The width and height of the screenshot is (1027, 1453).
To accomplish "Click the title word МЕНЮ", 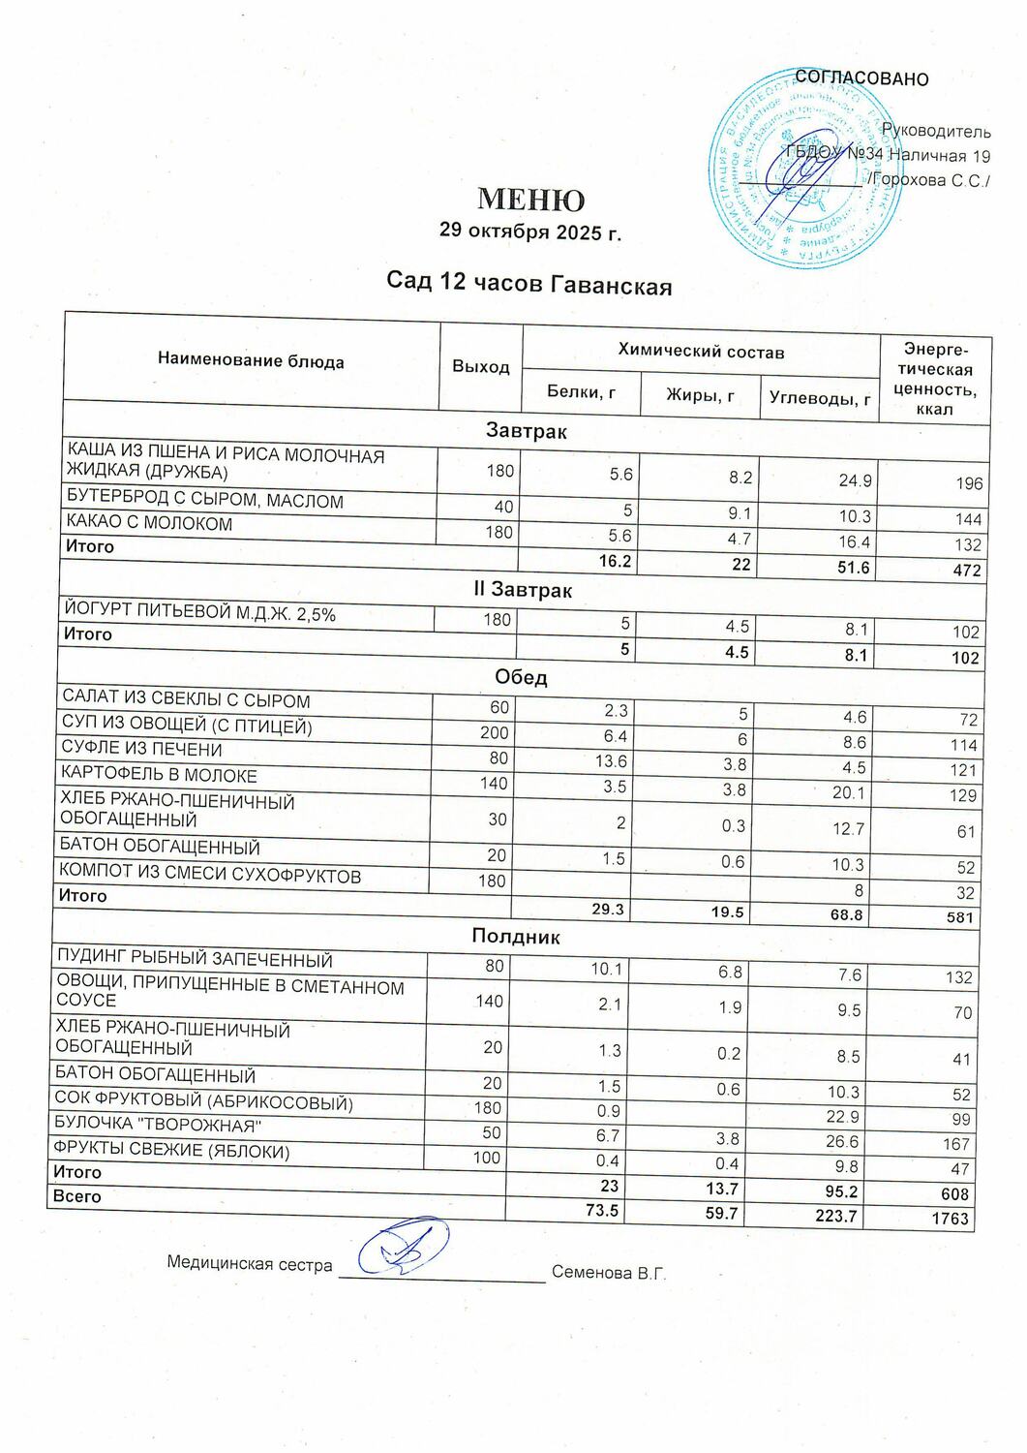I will click(x=531, y=200).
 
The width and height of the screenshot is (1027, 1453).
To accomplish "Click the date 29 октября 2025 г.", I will click(x=529, y=232).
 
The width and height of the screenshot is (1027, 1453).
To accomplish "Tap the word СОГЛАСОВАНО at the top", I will click(x=861, y=78).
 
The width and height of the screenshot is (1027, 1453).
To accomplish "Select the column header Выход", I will click(x=480, y=367).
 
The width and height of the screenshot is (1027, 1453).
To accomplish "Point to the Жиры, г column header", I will click(x=699, y=394).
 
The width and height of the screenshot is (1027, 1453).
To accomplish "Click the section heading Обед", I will click(x=521, y=677).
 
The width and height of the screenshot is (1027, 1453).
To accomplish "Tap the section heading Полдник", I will click(x=515, y=936).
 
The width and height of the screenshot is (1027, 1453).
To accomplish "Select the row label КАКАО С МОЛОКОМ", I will click(x=149, y=524).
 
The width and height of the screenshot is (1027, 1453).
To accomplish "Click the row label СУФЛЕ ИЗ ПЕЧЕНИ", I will click(x=141, y=750).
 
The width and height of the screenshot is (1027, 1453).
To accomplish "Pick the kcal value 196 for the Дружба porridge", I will click(x=968, y=483).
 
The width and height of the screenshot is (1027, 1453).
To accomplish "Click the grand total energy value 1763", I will click(x=950, y=1219).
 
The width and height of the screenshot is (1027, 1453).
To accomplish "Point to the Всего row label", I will click(x=76, y=1196).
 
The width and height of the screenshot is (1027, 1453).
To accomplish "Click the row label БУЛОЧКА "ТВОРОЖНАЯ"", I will click(x=159, y=1127).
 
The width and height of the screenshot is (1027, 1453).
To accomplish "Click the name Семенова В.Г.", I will click(x=609, y=1273).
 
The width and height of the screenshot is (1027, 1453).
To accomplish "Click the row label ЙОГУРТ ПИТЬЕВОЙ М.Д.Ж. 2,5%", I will click(x=198, y=612).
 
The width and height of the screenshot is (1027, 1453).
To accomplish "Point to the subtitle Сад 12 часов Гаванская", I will click(x=529, y=283).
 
